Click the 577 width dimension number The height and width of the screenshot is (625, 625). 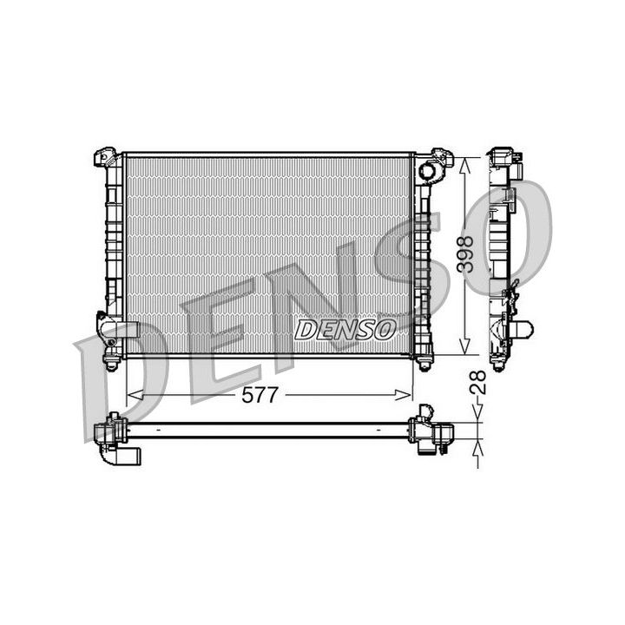click(x=260, y=396)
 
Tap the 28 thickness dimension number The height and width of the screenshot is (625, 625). click(x=477, y=383)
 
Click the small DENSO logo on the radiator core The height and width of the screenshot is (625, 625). click(x=345, y=329)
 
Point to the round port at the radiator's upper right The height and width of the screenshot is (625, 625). click(x=426, y=171)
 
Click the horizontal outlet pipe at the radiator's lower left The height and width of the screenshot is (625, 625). click(x=122, y=329)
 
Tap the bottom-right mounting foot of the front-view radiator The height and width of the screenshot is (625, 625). click(x=424, y=362)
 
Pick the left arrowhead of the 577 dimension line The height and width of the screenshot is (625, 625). click(x=133, y=396)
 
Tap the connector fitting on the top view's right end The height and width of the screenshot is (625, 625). click(x=431, y=431)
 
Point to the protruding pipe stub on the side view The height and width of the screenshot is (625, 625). click(x=523, y=330)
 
